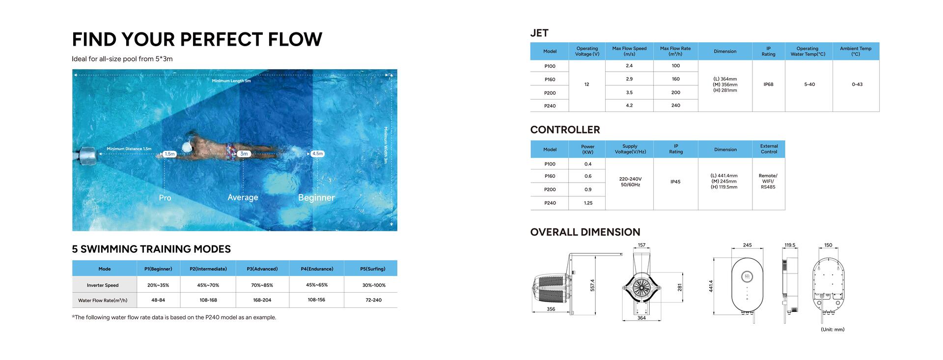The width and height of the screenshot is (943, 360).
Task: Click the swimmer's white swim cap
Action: pyautogui.click(x=187, y=146)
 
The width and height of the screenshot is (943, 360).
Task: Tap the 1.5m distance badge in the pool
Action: pyautogui.click(x=169, y=154)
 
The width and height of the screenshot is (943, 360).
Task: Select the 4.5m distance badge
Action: pyautogui.click(x=318, y=154)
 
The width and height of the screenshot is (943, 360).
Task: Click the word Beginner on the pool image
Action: pyautogui.click(x=316, y=197)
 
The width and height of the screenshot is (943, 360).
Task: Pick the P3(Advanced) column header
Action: pyautogui.click(x=262, y=269)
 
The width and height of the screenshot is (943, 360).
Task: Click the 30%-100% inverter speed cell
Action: pyautogui.click(x=374, y=285)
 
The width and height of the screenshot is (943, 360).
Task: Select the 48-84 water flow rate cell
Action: pyautogui.click(x=158, y=300)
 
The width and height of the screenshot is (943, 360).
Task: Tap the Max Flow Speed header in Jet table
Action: pyautogui.click(x=629, y=51)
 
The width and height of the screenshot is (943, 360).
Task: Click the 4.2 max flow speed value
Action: pyautogui.click(x=629, y=106)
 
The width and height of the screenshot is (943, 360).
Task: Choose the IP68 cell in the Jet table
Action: pyautogui.click(x=769, y=84)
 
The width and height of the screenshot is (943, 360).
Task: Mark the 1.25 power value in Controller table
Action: pyautogui.click(x=588, y=203)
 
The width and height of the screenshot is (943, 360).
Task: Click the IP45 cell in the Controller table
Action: pyautogui.click(x=676, y=182)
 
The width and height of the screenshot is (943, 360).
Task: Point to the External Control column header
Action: pyautogui.click(x=769, y=149)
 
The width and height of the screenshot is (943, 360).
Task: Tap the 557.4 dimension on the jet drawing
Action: pyautogui.click(x=592, y=285)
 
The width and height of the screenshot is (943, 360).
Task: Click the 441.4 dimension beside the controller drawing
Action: pyautogui.click(x=711, y=286)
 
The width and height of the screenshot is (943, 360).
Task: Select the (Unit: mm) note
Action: pyautogui.click(x=832, y=330)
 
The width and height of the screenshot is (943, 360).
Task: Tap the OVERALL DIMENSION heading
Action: pyautogui.click(x=585, y=232)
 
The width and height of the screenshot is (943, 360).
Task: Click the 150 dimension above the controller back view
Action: pyautogui.click(x=828, y=245)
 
